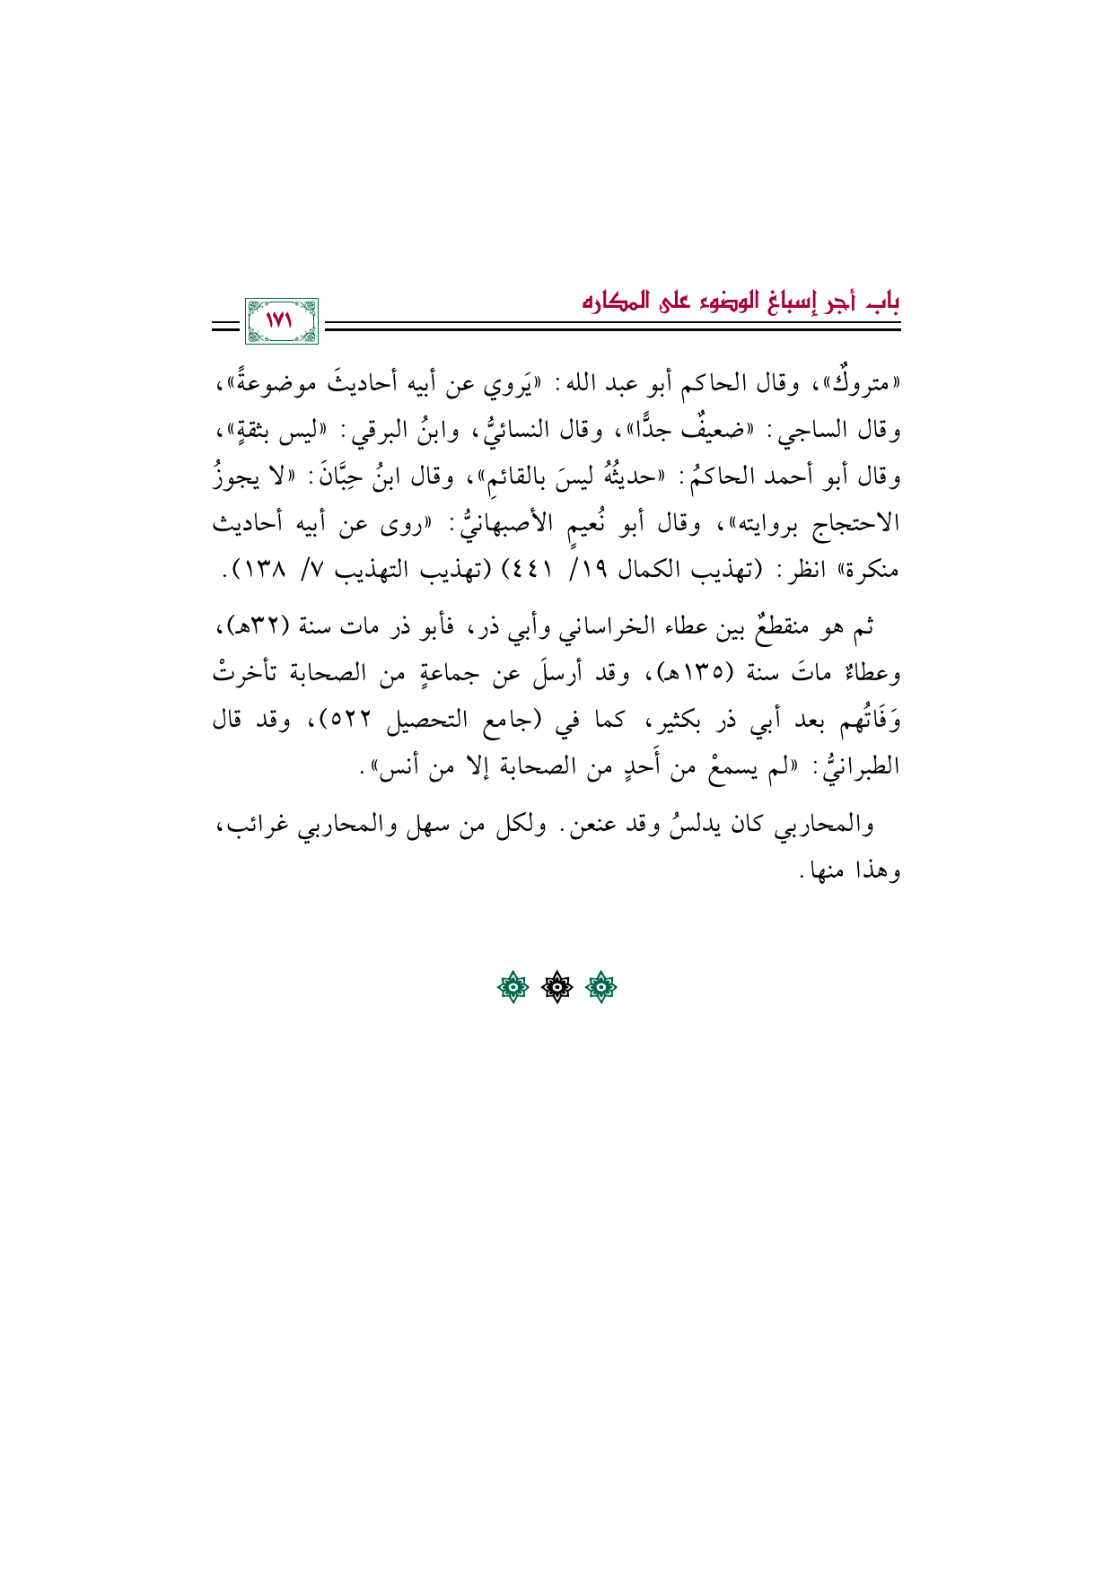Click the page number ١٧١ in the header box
click(x=281, y=320)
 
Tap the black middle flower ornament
click(x=557, y=988)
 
